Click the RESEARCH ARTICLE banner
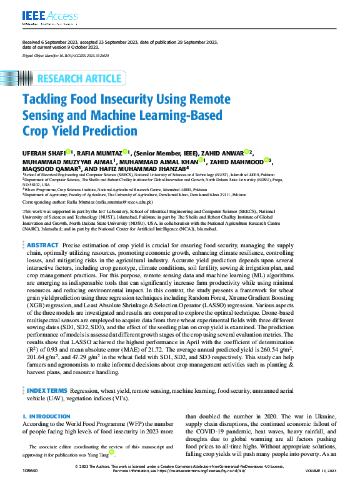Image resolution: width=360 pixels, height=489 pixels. (79, 79)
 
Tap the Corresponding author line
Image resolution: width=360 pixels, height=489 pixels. (87, 203)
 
